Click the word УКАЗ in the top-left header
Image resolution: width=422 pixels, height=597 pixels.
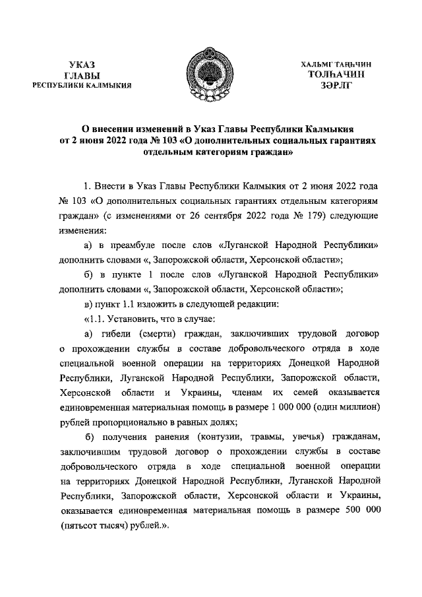[82, 65]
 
